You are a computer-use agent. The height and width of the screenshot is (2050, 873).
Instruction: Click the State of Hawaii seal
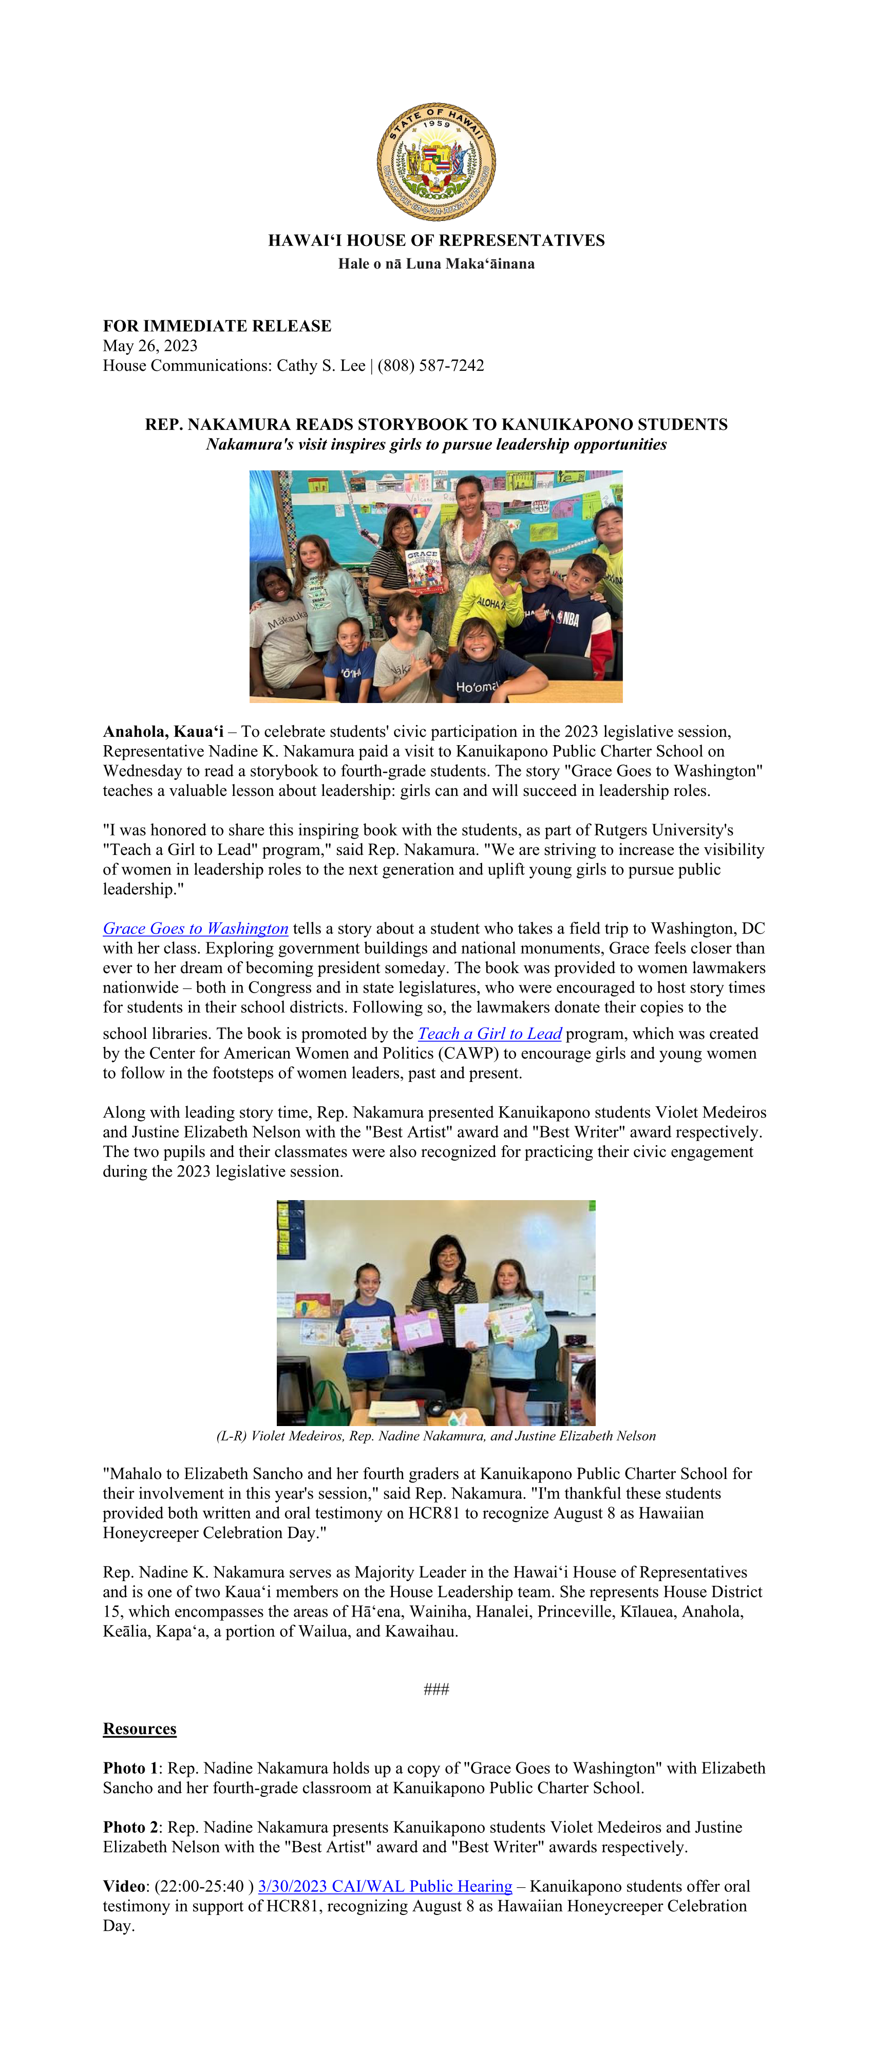point(436,162)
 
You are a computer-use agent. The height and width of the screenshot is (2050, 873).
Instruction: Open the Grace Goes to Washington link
point(195,928)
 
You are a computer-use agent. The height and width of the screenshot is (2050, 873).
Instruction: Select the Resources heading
point(139,1729)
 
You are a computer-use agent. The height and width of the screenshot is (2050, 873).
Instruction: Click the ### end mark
point(436,1688)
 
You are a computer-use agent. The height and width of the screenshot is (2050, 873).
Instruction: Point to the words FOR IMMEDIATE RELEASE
point(217,326)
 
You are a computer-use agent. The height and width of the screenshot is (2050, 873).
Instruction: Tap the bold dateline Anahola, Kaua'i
point(163,731)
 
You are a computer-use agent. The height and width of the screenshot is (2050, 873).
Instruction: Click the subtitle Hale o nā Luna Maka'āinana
point(436,263)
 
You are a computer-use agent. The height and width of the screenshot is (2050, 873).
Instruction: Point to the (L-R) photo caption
point(436,1436)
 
